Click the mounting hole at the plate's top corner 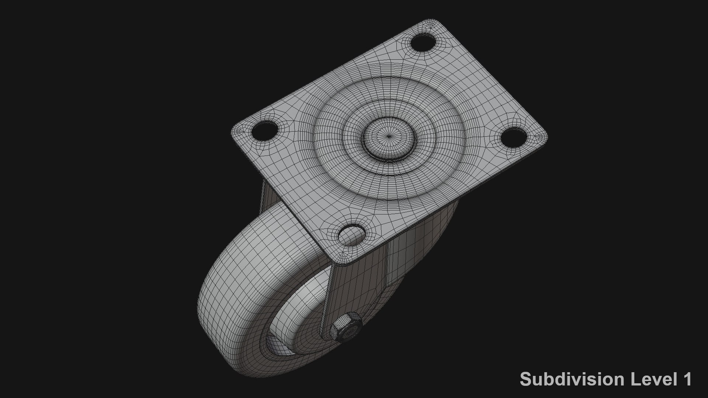tap(423, 42)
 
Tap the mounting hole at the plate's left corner tap(264, 130)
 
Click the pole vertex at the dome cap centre tap(389, 136)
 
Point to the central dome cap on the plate tap(389, 138)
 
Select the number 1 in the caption tap(687, 379)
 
